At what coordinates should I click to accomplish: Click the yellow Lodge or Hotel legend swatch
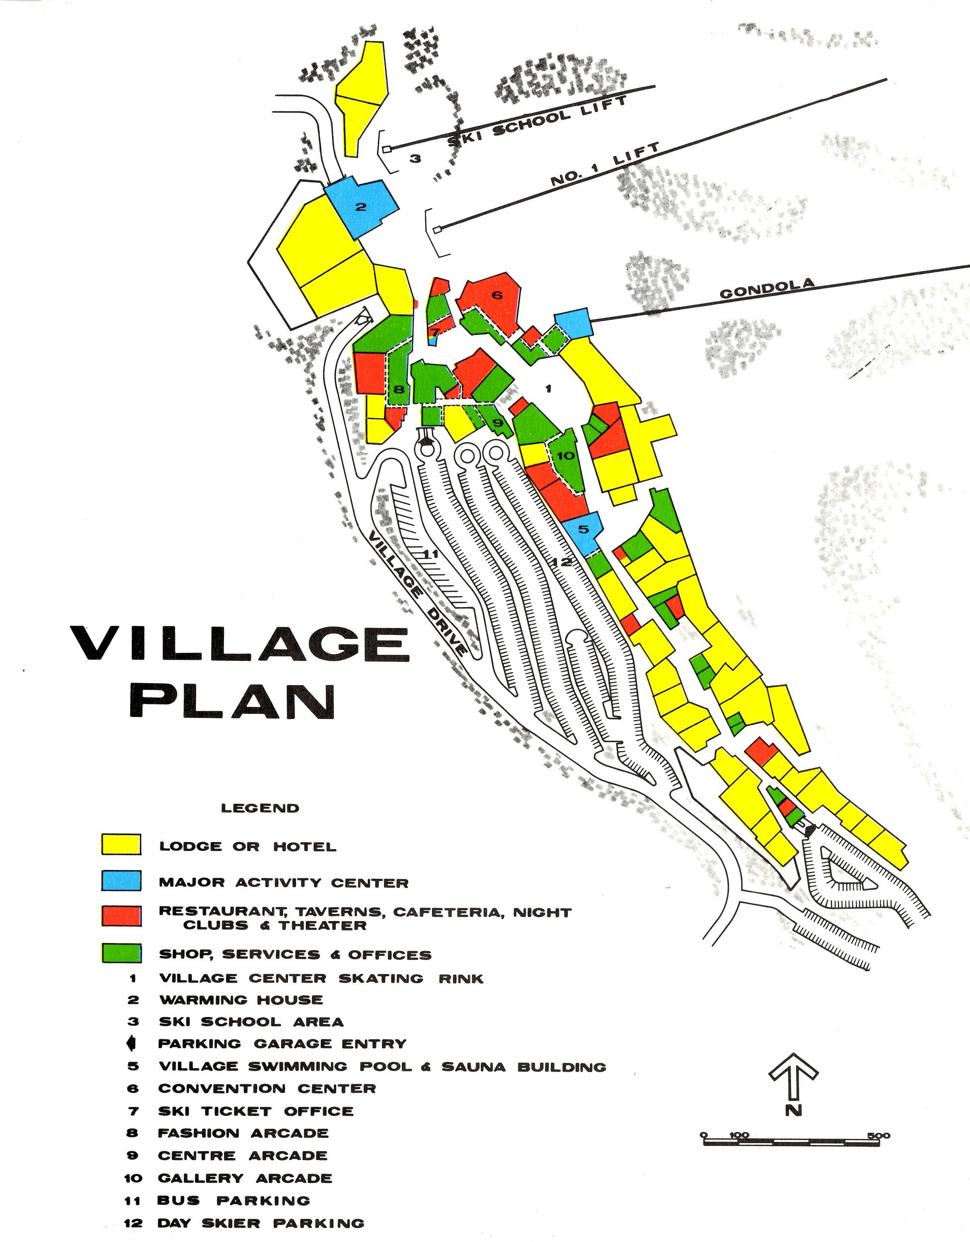(121, 845)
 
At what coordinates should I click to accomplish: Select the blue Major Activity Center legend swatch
(121, 881)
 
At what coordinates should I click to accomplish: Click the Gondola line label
(767, 288)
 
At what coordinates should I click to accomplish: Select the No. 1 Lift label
(604, 165)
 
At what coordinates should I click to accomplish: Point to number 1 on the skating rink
(548, 389)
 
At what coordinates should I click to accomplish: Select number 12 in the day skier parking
(561, 562)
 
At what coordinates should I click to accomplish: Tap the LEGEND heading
(260, 808)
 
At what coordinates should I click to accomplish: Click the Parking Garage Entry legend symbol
(132, 1044)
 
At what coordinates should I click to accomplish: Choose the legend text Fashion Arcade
(243, 1133)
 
